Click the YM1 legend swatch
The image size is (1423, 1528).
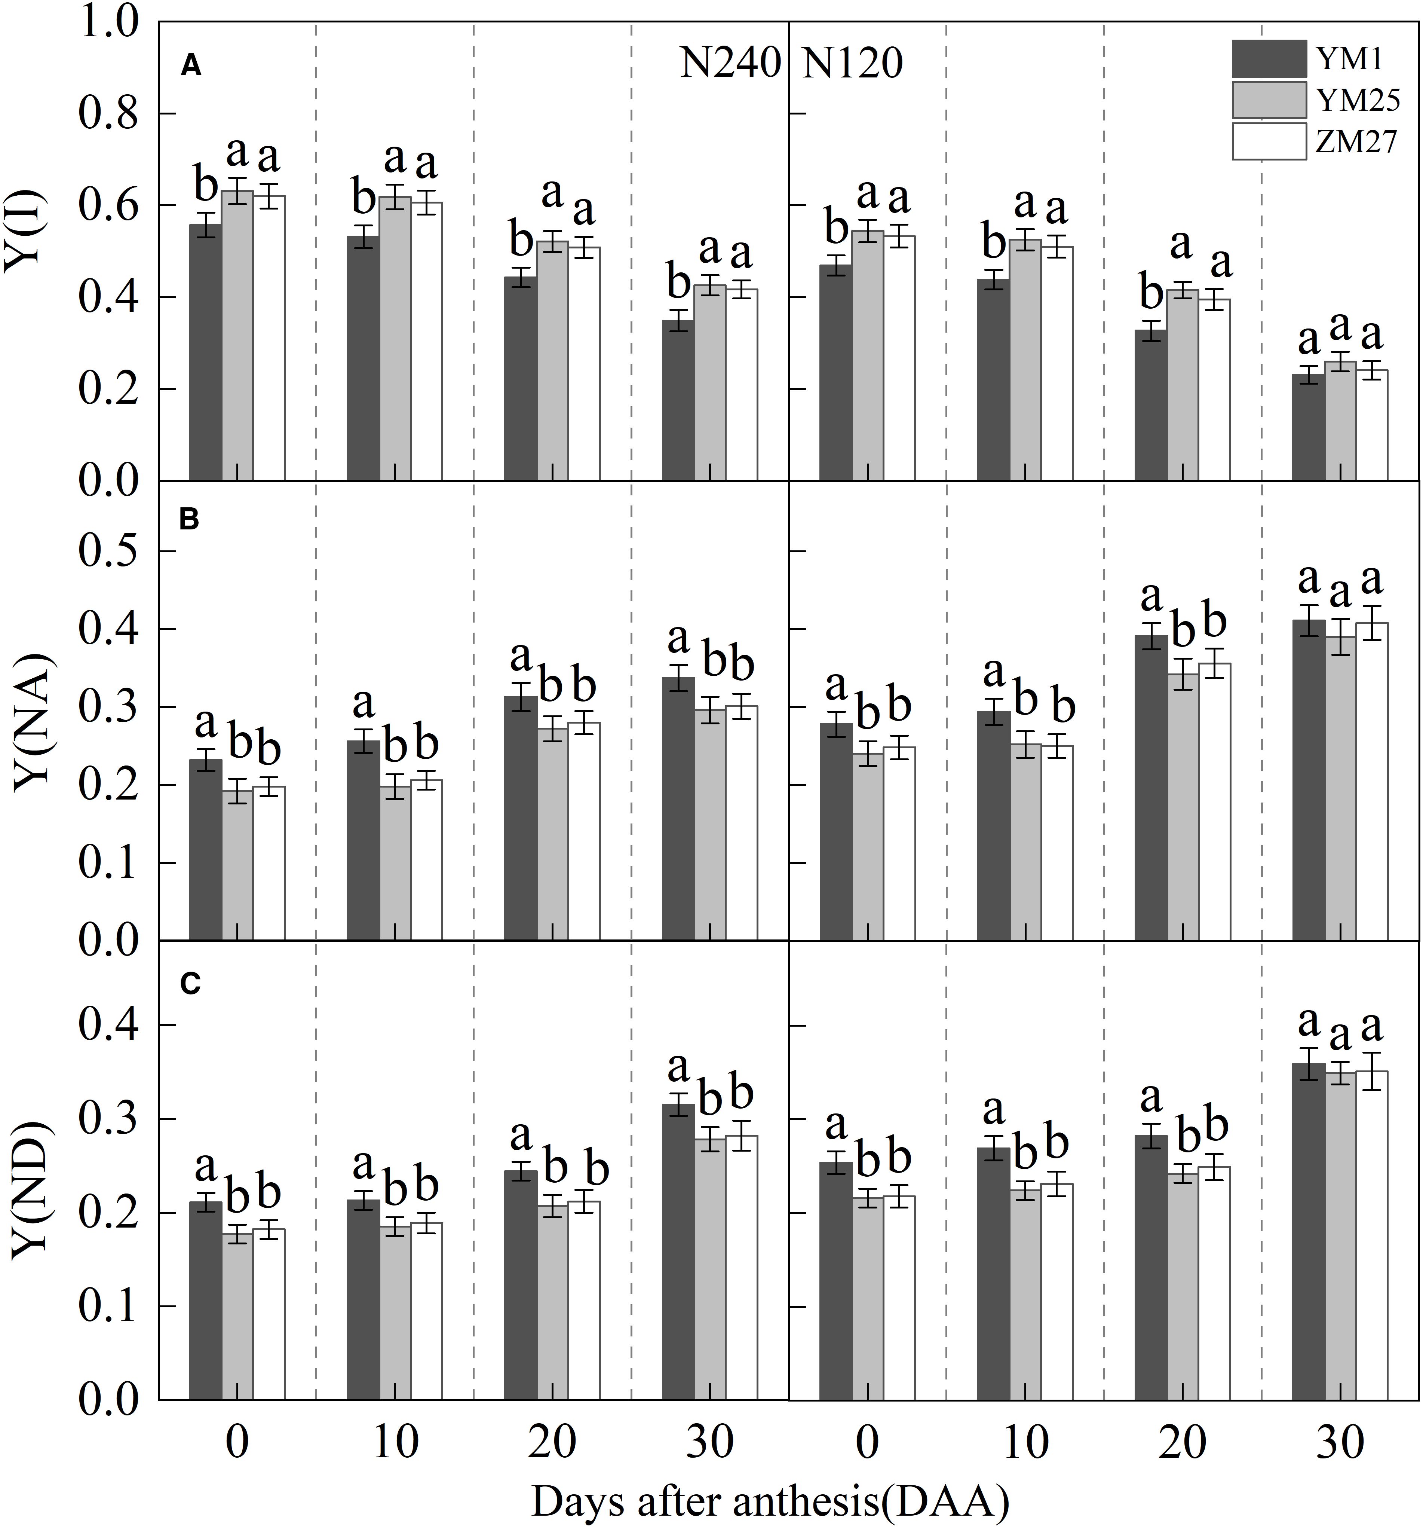[1269, 58]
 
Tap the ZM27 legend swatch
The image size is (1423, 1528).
[1269, 141]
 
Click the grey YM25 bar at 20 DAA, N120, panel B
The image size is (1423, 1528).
[1183, 807]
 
